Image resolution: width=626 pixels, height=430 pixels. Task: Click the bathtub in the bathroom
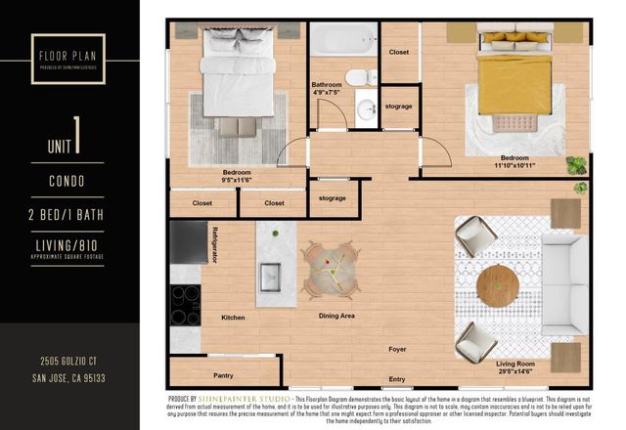343,41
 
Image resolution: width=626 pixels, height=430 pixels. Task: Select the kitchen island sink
269,278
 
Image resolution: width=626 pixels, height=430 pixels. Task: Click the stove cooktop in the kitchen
185,305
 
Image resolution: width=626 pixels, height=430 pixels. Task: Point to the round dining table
330,269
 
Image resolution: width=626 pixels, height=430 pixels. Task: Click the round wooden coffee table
498,286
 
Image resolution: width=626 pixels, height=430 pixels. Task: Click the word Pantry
223,375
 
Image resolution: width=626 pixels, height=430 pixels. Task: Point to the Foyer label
397,348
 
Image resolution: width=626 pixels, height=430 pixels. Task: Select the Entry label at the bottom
397,379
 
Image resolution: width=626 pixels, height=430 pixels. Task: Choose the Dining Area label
336,316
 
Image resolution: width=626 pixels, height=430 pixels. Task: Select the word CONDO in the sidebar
67,181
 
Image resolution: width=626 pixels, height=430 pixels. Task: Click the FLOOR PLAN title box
67,49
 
